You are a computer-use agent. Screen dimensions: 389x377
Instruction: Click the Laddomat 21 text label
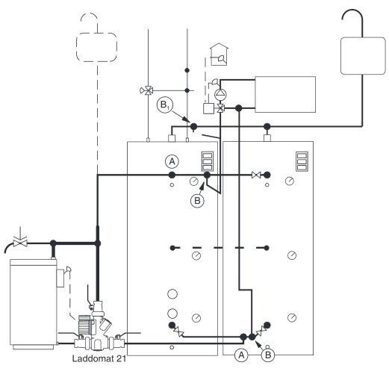pos(99,358)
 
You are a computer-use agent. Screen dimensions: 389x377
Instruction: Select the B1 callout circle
pos(165,105)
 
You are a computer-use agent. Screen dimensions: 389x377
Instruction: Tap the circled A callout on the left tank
pos(172,162)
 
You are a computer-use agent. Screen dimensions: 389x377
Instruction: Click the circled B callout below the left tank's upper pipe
pos(197,201)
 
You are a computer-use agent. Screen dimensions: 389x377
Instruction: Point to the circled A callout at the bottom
pos(241,355)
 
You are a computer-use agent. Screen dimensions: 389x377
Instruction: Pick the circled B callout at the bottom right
pos(268,355)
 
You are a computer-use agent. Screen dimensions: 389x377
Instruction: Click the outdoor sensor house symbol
pos(219,54)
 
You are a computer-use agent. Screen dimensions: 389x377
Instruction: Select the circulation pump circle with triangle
pos(220,94)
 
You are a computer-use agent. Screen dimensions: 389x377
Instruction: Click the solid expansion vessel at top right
pos(363,56)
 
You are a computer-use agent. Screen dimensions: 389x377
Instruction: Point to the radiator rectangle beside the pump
pos(285,95)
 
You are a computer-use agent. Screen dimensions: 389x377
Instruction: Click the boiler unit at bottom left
pos(34,304)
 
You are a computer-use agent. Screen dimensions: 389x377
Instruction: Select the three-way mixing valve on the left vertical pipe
pos(147,90)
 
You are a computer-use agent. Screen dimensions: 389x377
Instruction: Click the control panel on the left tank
pos(208,161)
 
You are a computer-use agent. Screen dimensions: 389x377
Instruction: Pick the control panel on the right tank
pos(302,161)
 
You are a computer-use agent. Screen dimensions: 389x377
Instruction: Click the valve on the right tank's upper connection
pos(256,175)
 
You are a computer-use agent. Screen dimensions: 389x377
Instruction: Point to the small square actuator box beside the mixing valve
pos(208,108)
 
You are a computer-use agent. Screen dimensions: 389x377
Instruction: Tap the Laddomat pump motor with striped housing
pos(84,325)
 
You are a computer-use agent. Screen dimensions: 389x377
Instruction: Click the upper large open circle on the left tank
pos(172,294)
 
